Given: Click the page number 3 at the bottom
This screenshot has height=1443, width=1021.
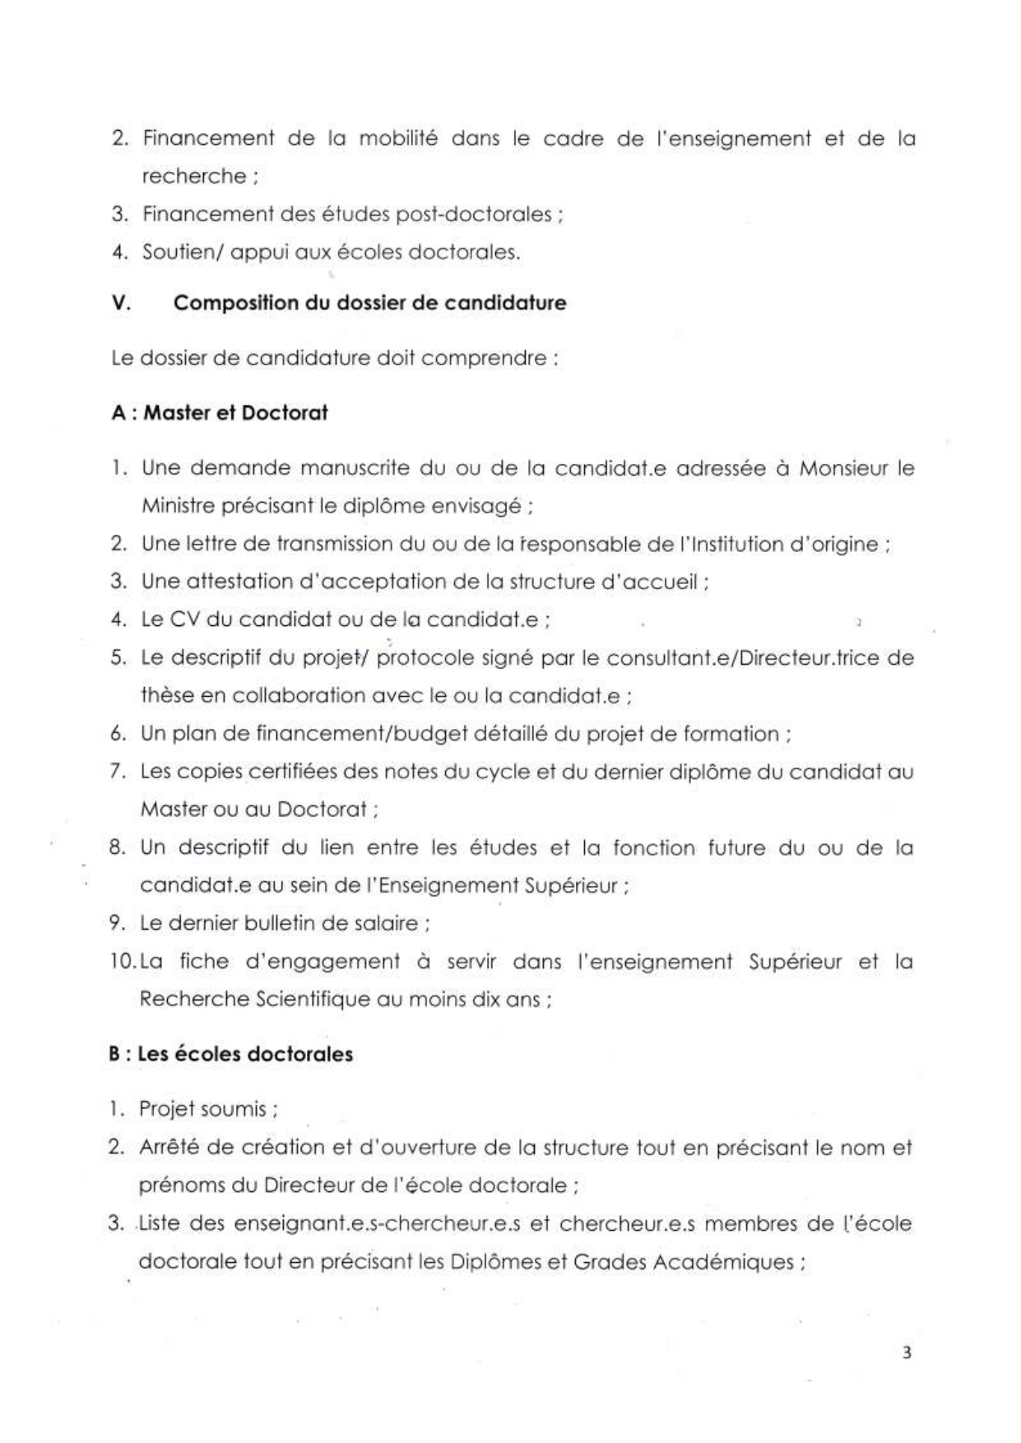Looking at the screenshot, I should (907, 1353).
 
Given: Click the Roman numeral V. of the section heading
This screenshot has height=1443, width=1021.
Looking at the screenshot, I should (121, 303).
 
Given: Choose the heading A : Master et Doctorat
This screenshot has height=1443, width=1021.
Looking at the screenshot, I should (219, 412).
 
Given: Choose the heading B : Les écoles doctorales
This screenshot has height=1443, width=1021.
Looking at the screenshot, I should (231, 1054).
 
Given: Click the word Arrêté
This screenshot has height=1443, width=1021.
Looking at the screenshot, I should (174, 1147).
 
